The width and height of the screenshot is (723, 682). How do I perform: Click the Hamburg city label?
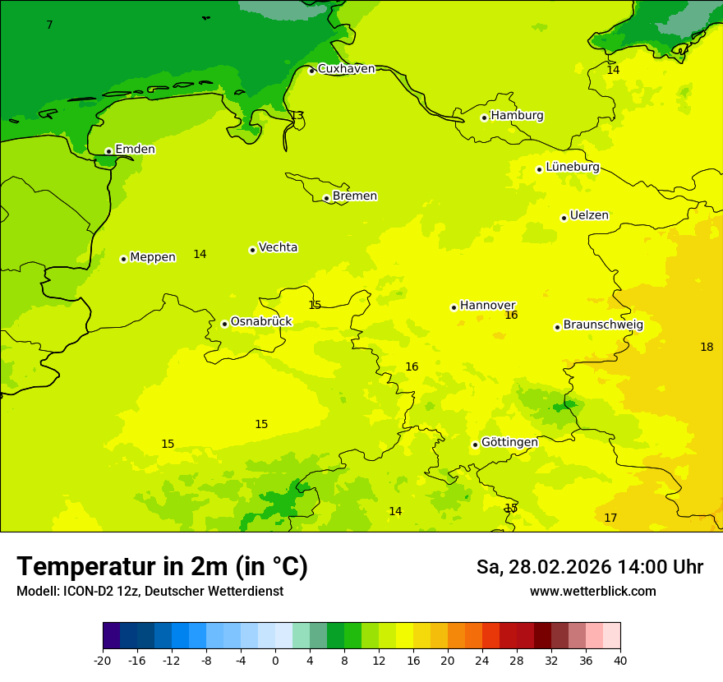pos(517,116)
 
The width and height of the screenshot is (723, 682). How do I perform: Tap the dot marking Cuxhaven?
pos(311,71)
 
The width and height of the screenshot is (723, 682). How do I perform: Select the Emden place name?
pos(135,150)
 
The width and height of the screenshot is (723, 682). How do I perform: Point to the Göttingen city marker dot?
pos(475,445)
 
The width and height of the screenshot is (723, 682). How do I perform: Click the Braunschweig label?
pos(603,325)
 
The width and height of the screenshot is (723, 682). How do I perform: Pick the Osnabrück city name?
pos(261,322)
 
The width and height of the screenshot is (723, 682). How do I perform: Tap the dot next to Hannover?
pos(454,307)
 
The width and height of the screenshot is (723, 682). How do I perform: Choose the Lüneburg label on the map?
pos(573,168)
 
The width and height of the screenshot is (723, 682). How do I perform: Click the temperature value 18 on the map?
pos(707,348)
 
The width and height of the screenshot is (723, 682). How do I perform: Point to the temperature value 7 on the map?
pos(49,25)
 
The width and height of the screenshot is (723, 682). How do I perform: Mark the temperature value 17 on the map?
pos(610,518)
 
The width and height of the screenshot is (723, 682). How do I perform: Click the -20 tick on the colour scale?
pos(103,661)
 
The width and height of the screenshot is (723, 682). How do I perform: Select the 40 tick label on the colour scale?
pos(620,661)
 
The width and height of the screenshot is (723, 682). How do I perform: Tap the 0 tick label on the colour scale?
pos(275,661)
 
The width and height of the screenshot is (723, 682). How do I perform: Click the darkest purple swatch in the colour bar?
pos(111,636)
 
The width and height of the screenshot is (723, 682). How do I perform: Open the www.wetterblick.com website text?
pos(592,592)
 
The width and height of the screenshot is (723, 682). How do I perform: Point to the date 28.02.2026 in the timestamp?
pos(560,567)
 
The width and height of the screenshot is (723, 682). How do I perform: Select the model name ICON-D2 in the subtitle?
pos(84,592)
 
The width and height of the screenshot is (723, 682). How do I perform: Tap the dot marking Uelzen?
pos(564,218)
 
